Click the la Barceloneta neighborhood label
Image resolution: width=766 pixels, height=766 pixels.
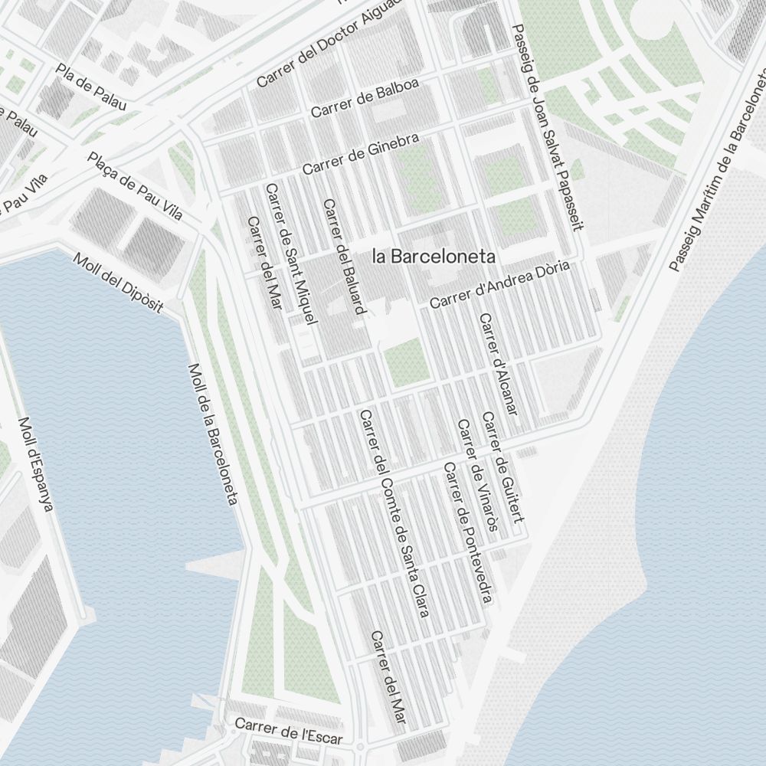pos(434,257)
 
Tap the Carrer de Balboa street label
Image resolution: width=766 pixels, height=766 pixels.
pos(365,99)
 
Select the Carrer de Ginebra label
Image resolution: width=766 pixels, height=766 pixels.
pos(361,154)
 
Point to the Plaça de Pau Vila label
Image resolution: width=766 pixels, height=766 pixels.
pos(136,186)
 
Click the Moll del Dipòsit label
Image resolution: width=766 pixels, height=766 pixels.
pos(119,283)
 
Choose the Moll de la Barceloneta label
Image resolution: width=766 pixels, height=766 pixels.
pos(212,434)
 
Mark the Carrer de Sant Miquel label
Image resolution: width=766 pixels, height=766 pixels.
pos(291,254)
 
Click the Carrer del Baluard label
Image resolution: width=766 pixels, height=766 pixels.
pos(344,257)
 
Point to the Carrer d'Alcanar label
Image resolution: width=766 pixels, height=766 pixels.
pos(499,364)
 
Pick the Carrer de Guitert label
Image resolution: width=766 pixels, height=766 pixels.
pos(502,468)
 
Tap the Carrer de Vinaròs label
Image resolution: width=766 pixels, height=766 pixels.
pos(478,475)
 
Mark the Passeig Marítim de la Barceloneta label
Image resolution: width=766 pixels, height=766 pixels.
pos(718,168)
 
